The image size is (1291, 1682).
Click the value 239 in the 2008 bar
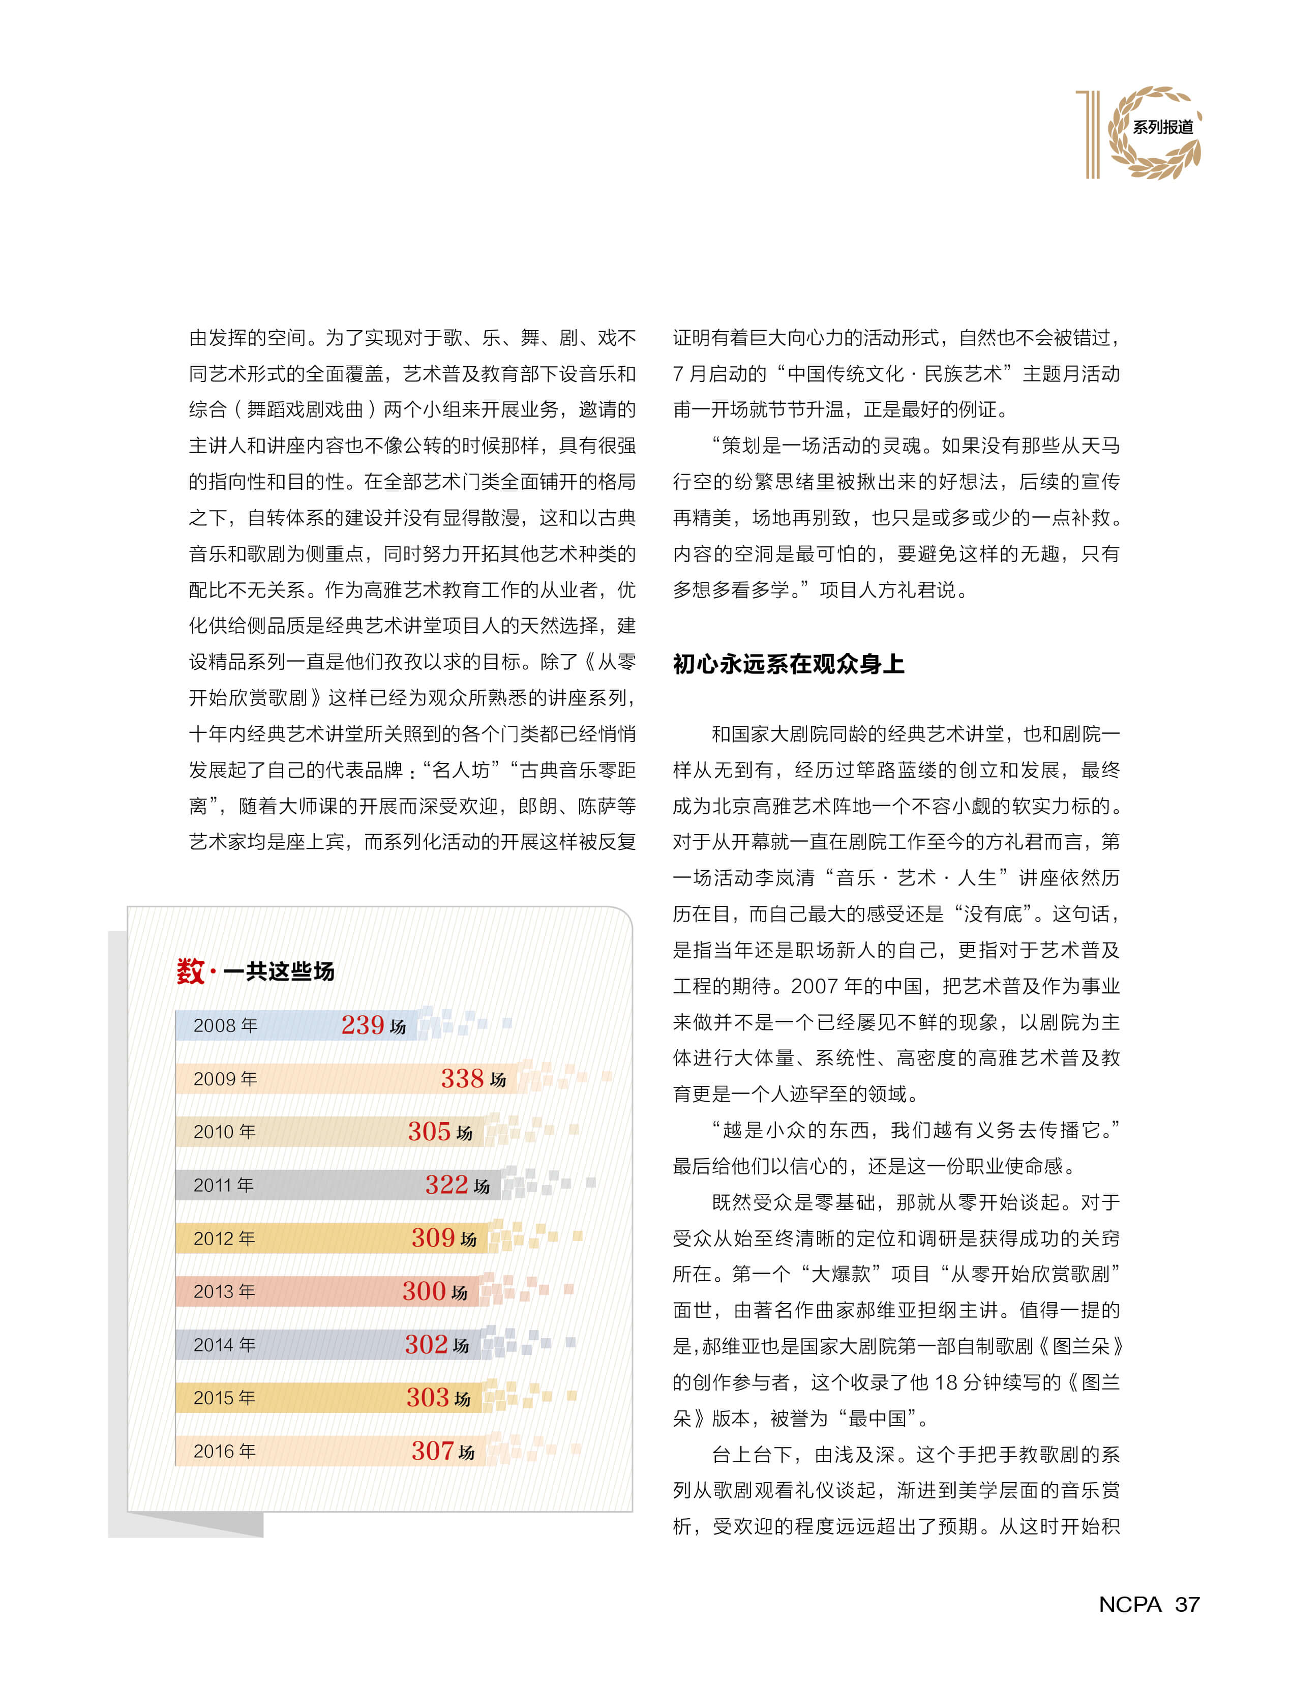362,1025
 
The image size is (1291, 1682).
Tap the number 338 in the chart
462,1079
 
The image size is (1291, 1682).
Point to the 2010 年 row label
224,1132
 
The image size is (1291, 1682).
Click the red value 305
429,1132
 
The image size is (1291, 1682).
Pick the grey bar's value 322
446,1185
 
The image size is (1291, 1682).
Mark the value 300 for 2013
424,1291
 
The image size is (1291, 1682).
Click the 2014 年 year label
224,1344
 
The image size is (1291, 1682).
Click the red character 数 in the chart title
190,971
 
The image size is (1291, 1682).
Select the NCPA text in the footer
1130,1604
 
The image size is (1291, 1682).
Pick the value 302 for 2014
427,1344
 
